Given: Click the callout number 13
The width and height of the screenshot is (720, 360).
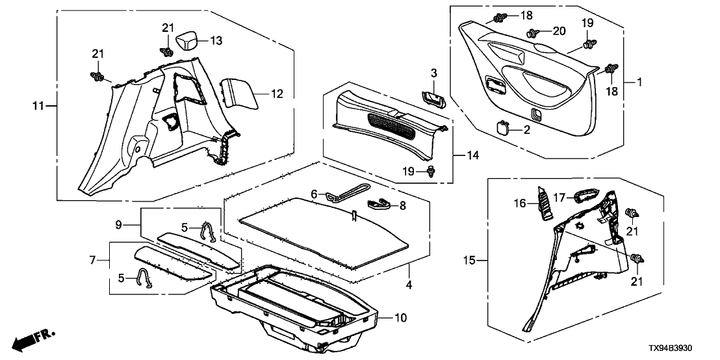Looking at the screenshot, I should pyautogui.click(x=216, y=41).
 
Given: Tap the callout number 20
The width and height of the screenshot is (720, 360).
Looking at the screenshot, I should pyautogui.click(x=559, y=31).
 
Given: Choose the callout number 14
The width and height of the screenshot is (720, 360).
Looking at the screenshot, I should pyautogui.click(x=475, y=155).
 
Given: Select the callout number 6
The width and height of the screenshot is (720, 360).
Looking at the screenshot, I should pyautogui.click(x=313, y=194).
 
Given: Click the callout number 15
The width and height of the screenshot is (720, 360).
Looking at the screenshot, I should pyautogui.click(x=472, y=261).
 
